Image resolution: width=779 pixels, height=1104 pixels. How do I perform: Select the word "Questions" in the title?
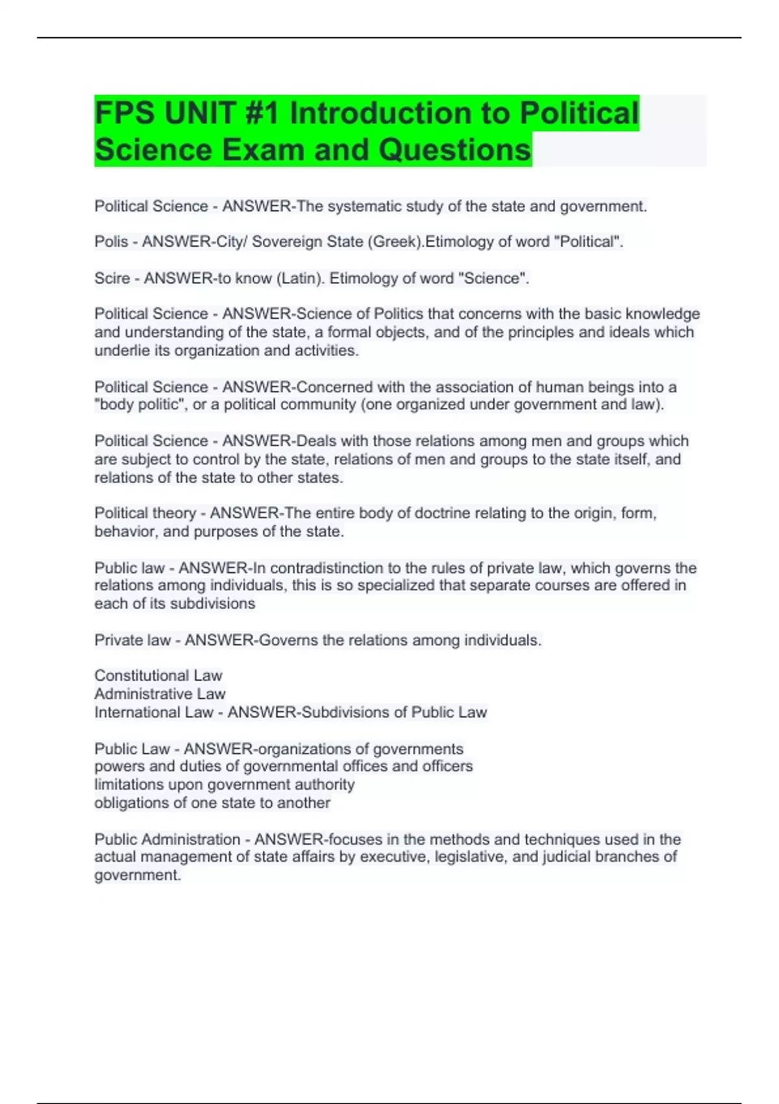(x=454, y=150)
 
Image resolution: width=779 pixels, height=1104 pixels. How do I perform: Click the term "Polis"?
(x=111, y=242)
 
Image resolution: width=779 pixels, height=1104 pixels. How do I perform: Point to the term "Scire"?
(x=112, y=279)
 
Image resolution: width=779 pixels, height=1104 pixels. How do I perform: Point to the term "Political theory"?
(x=145, y=513)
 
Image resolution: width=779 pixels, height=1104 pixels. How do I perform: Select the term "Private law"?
(x=132, y=640)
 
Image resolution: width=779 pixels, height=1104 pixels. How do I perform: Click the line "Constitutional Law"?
(x=158, y=676)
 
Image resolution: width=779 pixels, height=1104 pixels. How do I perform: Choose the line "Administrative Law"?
(x=160, y=694)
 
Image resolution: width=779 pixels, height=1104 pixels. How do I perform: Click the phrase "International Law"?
(x=154, y=712)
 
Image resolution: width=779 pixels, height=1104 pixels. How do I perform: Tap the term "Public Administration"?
(x=167, y=839)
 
